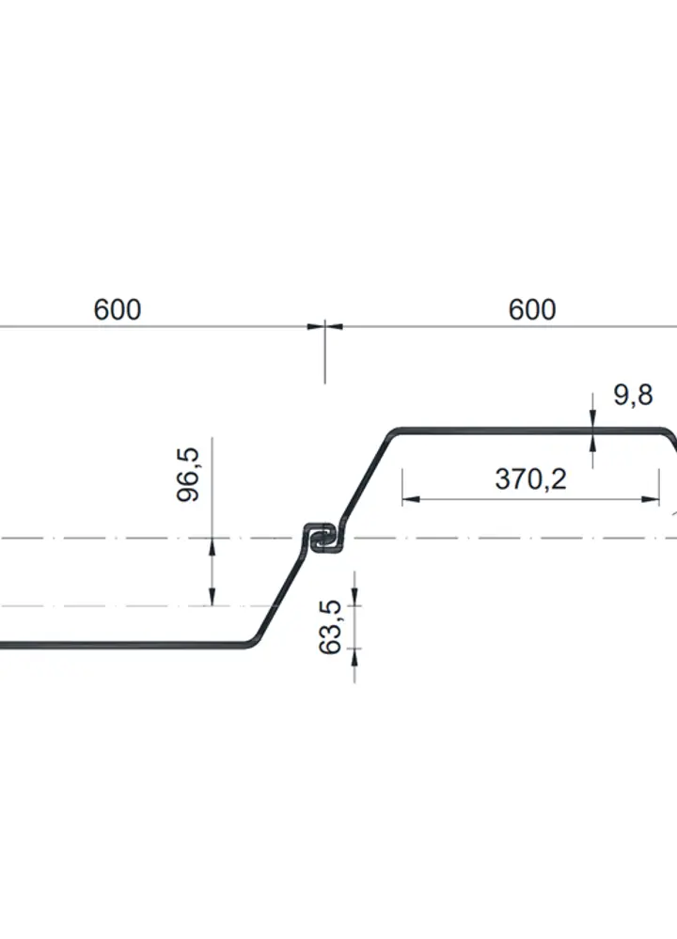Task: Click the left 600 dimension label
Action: coord(118,309)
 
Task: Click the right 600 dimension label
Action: coord(532,309)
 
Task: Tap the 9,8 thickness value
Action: coord(633,395)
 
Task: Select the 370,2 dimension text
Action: coord(530,479)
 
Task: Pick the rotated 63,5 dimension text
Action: coord(330,627)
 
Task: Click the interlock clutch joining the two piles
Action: coord(324,538)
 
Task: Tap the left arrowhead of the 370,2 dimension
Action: coord(410,498)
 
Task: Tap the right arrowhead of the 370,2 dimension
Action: coord(652,498)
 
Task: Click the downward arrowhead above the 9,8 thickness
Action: coord(592,418)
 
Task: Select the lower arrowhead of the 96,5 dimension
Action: coord(213,597)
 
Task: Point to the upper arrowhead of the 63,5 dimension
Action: coord(354,597)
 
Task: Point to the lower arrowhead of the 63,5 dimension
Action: coord(354,657)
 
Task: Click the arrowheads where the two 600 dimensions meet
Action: coord(324,326)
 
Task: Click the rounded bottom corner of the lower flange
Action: coord(252,643)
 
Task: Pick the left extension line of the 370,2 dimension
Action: coord(402,486)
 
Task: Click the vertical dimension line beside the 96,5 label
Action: coord(213,522)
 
